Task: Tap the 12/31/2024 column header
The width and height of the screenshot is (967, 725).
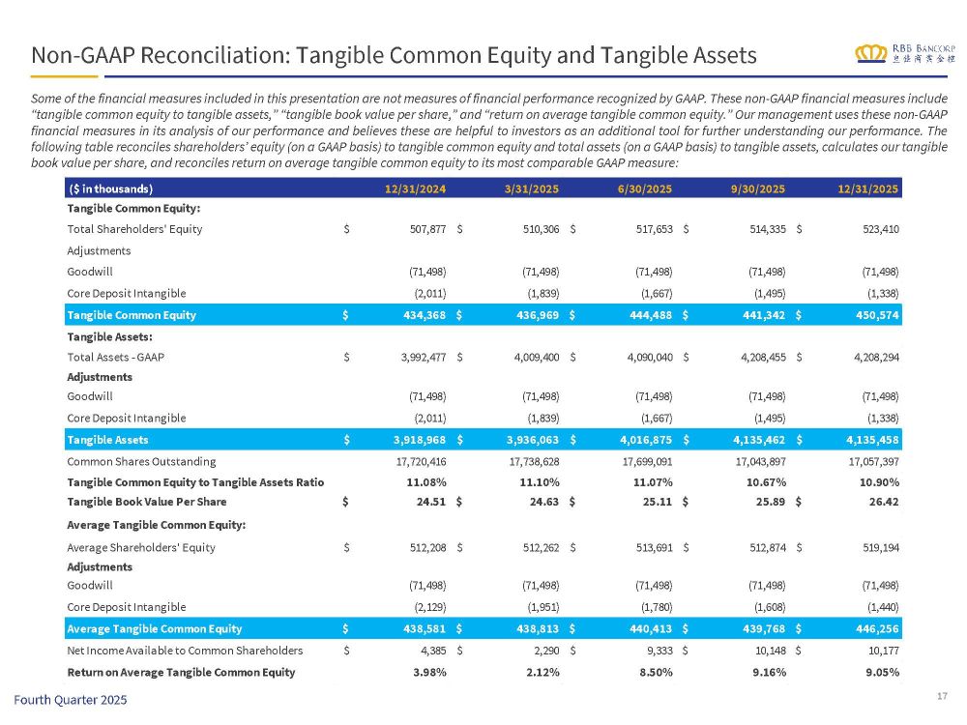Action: point(415,188)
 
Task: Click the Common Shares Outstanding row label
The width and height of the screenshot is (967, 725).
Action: point(141,461)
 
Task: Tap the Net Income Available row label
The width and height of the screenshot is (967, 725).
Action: point(185,650)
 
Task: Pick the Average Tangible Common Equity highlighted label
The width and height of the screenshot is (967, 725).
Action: point(154,628)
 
